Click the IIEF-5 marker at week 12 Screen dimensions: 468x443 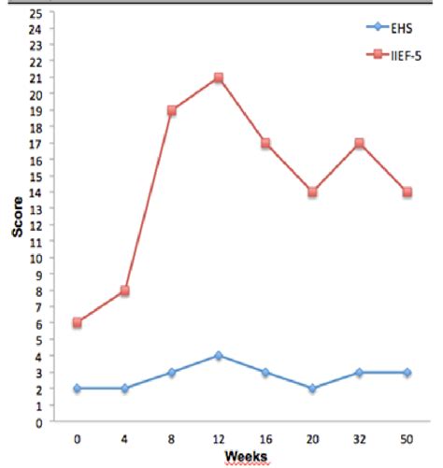[219, 78]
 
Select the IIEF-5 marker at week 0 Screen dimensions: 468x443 [78, 323]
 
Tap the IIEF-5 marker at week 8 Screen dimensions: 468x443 [172, 110]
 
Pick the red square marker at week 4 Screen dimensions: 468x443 [124, 291]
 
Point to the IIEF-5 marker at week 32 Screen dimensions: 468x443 [360, 143]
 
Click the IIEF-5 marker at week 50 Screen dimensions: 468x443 [407, 192]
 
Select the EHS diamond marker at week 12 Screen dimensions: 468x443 [219, 356]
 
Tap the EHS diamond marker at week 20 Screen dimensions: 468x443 [313, 389]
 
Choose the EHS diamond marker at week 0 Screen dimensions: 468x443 [78, 389]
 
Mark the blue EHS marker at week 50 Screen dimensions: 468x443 [407, 372]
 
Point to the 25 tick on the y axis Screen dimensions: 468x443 [37, 13]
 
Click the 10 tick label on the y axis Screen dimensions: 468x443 [37, 258]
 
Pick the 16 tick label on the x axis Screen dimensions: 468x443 [265, 437]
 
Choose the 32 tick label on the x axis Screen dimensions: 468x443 [360, 437]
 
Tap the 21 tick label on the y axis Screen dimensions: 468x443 [37, 78]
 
